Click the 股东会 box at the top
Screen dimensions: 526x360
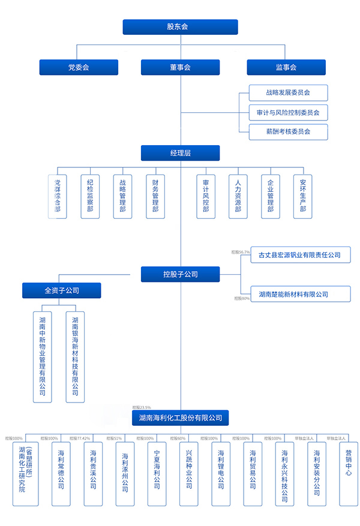pos(180,27)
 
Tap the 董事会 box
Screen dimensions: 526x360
pos(180,67)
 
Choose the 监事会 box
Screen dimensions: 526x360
pos(286,67)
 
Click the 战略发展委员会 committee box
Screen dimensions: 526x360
pos(288,93)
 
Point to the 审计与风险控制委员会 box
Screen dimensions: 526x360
pos(288,112)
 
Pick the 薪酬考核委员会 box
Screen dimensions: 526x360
pos(288,131)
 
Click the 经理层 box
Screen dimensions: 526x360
pos(180,153)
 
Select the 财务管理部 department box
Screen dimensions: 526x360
pos(155,196)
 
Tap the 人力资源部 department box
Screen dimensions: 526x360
pos(238,196)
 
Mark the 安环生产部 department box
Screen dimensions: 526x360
pos(303,196)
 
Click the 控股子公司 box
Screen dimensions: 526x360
pos(180,274)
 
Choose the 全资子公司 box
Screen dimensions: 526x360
pos(62,290)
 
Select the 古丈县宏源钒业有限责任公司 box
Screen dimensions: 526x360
pos(299,255)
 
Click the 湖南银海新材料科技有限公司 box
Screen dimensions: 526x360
pos(75,356)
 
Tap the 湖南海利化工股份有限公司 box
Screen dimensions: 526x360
pos(180,417)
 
